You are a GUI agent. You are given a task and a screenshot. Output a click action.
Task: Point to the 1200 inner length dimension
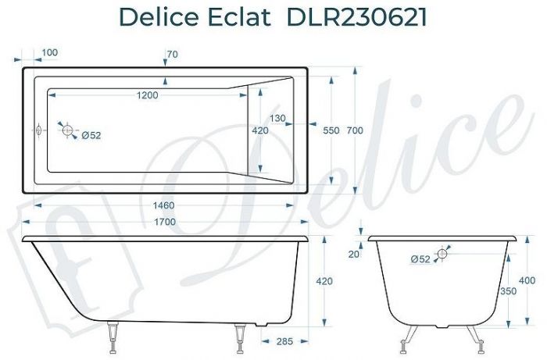pos(146,95)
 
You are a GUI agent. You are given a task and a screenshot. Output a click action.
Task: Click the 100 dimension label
pos(49,52)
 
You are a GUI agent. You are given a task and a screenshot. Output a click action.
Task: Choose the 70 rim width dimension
pos(173,54)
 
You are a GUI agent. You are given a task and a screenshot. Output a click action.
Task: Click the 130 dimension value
pos(277,118)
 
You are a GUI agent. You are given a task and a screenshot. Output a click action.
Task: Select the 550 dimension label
pos(331,130)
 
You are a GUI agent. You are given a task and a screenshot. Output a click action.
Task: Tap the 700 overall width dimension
pos(355,130)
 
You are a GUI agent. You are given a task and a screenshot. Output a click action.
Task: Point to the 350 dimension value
pos(509,290)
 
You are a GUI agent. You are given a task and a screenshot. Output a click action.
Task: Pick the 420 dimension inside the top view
pos(259,130)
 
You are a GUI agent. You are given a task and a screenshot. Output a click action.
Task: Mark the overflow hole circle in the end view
pos(442,253)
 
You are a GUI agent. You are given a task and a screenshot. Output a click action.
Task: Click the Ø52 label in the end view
pos(420,259)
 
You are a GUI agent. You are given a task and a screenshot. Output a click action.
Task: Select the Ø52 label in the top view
pos(91,135)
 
